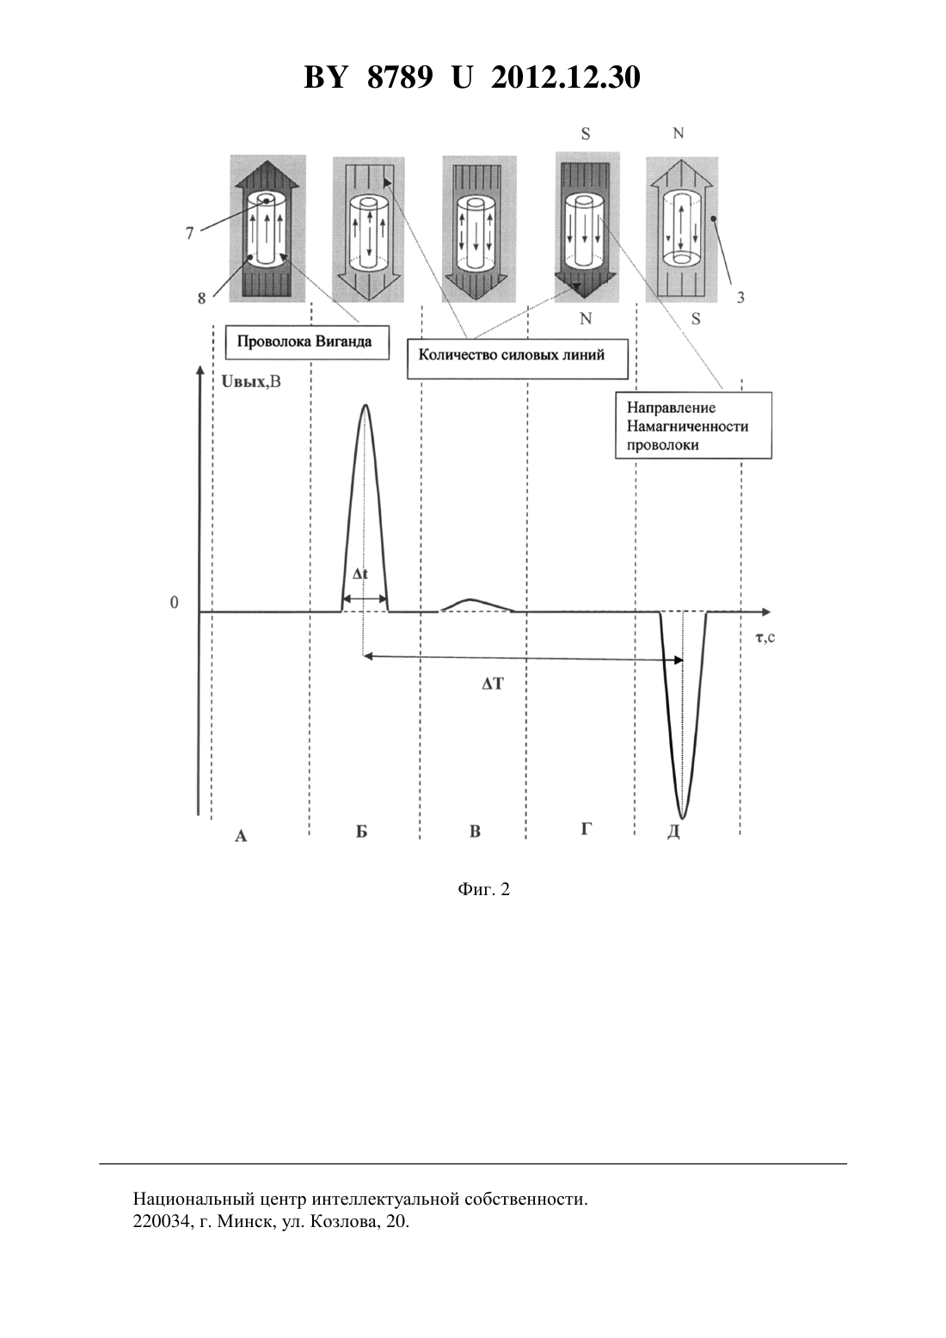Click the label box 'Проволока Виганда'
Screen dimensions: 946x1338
coord(307,342)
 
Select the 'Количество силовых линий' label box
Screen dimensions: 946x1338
coord(517,359)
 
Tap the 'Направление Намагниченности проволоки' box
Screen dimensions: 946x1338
coord(693,426)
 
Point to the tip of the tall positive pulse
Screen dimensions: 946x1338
coord(365,405)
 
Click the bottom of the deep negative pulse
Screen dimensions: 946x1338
coord(683,818)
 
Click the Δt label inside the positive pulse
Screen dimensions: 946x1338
coord(360,574)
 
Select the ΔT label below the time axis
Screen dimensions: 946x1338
coord(493,684)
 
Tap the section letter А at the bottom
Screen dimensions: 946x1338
coord(241,836)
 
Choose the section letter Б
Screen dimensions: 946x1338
coord(361,832)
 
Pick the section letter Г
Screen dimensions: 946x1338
coord(586,828)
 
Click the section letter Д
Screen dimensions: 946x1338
coord(673,832)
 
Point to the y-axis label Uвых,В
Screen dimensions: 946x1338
coord(251,381)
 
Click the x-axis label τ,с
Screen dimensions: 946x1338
coord(765,637)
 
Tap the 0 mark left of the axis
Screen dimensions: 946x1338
coord(175,602)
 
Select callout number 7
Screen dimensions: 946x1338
coord(190,233)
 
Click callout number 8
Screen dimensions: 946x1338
coord(202,298)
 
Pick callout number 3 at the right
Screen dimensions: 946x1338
coord(740,298)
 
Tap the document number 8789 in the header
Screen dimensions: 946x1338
coord(399,77)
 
